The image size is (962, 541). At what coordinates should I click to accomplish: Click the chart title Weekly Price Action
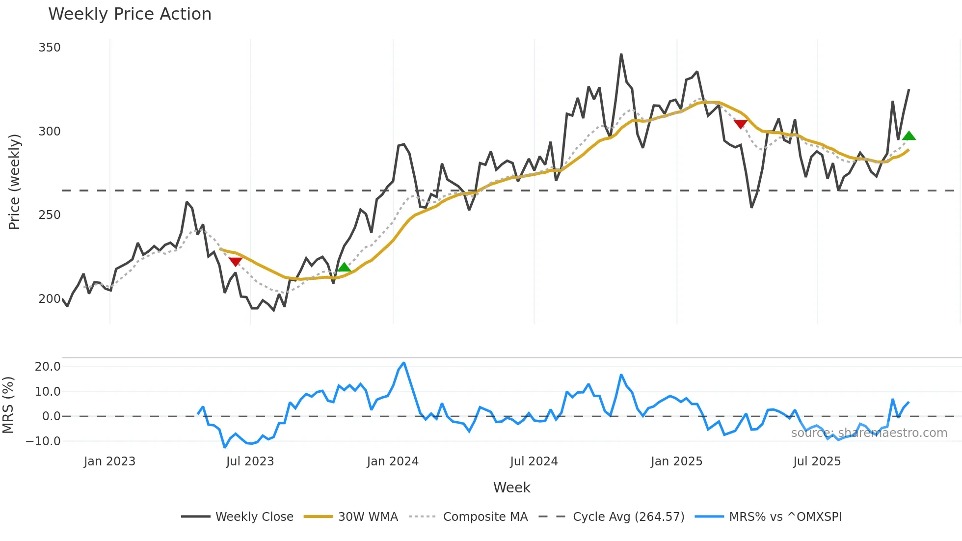pyautogui.click(x=130, y=14)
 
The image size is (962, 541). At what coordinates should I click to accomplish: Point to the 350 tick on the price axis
pyautogui.click(x=50, y=48)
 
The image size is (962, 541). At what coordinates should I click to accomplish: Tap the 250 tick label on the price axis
pyautogui.click(x=50, y=215)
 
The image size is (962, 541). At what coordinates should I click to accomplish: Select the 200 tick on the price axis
pyautogui.click(x=50, y=299)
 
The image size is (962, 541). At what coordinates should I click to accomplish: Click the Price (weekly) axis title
pyautogui.click(x=15, y=182)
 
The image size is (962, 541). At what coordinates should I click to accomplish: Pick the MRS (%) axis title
pyautogui.click(x=8, y=405)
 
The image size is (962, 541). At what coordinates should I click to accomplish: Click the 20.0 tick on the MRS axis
pyautogui.click(x=48, y=367)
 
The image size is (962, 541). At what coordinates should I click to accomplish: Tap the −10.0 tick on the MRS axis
pyautogui.click(x=43, y=441)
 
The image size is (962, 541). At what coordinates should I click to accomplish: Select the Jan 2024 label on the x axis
pyautogui.click(x=393, y=461)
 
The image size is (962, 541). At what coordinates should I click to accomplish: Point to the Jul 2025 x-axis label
pyautogui.click(x=817, y=461)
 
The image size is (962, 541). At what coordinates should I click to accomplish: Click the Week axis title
pyautogui.click(x=511, y=487)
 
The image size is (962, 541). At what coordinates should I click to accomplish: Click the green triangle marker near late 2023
pyautogui.click(x=344, y=268)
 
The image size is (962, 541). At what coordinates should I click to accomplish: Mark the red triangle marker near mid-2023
pyautogui.click(x=236, y=262)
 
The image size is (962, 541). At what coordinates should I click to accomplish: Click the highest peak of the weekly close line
pyautogui.click(x=621, y=54)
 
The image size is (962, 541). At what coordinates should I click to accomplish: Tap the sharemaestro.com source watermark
pyautogui.click(x=869, y=433)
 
